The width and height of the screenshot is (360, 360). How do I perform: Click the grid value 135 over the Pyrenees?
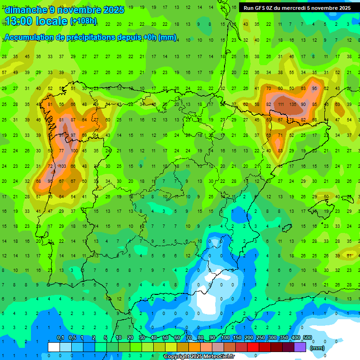[294, 105]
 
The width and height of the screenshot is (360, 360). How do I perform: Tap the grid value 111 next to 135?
[281, 105]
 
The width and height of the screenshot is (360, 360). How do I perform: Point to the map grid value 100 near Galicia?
[74, 151]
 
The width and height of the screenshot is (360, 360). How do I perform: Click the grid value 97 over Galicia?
[73, 135]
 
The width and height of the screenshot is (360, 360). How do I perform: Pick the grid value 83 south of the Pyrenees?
[280, 151]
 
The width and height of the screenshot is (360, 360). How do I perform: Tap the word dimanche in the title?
[26, 10]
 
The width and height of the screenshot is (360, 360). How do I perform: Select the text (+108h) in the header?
[83, 21]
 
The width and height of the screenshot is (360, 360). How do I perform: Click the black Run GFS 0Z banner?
[297, 7]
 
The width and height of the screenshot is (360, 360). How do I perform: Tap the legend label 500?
[307, 338]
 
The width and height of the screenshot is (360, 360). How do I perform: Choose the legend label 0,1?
[60, 338]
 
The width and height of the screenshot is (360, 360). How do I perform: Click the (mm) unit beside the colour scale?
[317, 348]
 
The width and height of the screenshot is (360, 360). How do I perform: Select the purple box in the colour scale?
[300, 347]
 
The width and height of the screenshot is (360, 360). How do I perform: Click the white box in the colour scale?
[54, 347]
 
